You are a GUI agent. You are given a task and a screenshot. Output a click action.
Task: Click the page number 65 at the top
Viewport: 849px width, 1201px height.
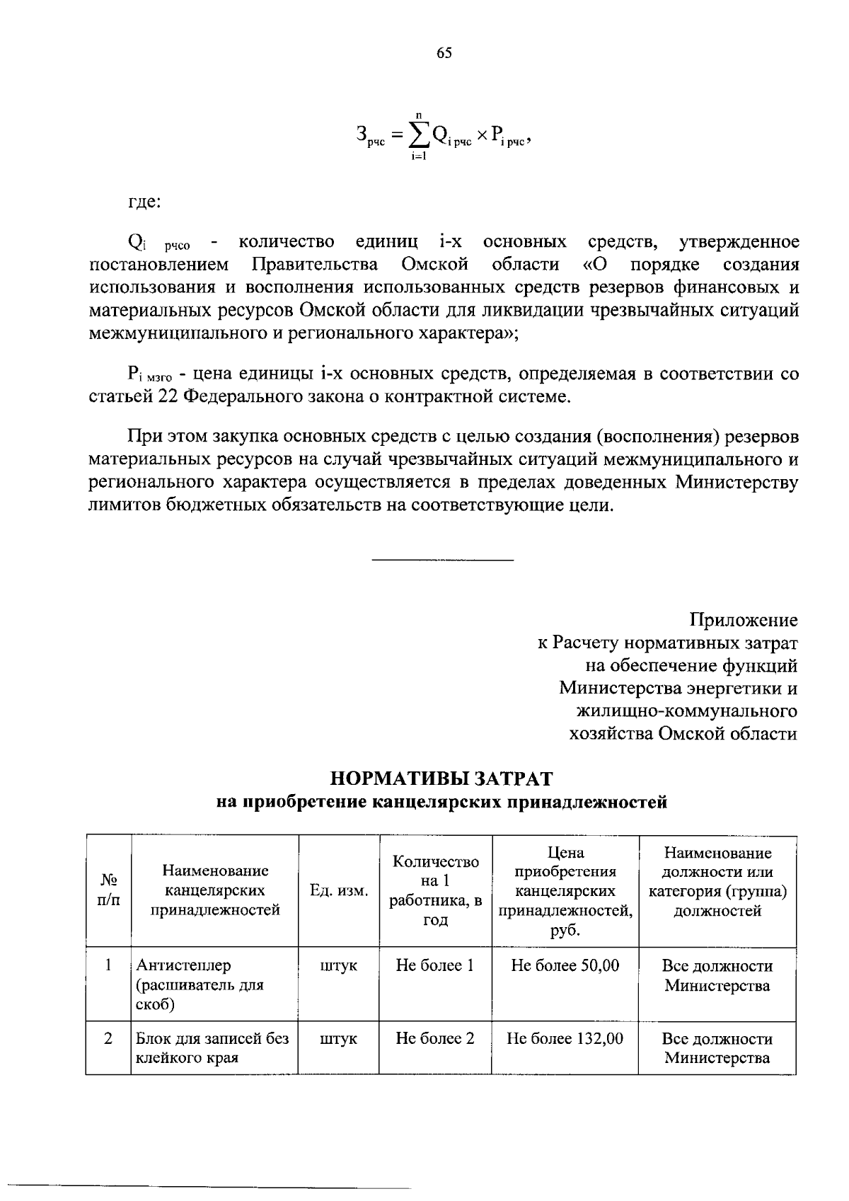tap(444, 54)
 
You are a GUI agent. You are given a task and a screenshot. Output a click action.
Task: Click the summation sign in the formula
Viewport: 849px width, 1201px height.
tap(418, 133)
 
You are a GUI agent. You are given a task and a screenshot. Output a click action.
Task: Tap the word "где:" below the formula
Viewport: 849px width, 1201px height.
tap(144, 202)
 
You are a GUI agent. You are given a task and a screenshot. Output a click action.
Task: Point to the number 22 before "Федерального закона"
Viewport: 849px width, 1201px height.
tap(167, 397)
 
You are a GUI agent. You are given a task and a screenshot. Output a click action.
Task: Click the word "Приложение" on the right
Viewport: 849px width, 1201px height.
tap(744, 621)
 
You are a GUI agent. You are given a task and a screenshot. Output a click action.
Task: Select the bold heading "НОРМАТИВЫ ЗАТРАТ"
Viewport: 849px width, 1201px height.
tap(441, 778)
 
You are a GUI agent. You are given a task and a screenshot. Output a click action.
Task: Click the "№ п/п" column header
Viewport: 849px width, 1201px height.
tap(108, 890)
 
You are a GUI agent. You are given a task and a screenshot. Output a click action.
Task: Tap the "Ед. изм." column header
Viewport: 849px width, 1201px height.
tap(339, 890)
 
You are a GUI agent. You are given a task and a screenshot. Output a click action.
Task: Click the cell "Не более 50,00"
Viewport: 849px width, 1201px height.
tap(565, 965)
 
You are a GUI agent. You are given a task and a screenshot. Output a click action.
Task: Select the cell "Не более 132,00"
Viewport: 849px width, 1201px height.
tap(565, 1039)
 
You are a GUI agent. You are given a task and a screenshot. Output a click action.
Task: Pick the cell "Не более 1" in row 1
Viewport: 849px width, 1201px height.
tap(434, 965)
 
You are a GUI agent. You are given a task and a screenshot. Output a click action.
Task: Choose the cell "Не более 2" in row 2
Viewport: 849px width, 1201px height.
tap(434, 1039)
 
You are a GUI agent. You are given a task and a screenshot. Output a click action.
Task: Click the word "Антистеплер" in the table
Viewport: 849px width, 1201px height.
tap(183, 965)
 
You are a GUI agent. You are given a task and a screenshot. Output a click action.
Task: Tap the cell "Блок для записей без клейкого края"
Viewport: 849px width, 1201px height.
tap(212, 1048)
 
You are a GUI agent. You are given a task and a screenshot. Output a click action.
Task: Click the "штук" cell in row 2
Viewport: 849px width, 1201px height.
tap(338, 1039)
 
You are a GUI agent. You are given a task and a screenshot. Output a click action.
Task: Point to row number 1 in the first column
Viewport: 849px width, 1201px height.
tap(108, 965)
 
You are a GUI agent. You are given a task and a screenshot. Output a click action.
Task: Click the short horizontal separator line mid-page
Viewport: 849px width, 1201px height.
tap(442, 561)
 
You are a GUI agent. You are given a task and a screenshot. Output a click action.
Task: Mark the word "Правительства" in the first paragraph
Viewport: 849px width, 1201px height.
tap(315, 265)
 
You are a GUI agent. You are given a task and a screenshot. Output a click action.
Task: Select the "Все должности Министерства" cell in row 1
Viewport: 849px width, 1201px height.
tap(717, 975)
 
